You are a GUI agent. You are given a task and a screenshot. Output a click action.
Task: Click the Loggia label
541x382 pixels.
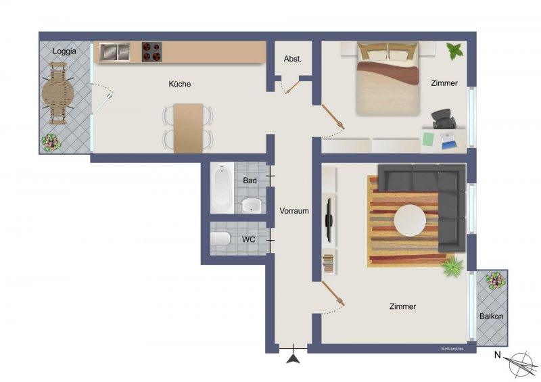[64, 51]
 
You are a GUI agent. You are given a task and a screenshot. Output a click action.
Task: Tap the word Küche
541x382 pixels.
[179, 84]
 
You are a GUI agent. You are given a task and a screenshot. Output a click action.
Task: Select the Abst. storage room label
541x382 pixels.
[293, 59]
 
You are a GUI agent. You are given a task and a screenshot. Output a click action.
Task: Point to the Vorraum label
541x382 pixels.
[294, 211]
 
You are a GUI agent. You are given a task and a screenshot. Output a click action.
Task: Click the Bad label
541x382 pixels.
[250, 181]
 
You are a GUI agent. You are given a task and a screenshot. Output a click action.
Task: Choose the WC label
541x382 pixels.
[248, 239]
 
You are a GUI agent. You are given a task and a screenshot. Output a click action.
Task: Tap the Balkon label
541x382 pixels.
[492, 316]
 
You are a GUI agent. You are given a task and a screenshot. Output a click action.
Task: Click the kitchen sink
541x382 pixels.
[115, 52]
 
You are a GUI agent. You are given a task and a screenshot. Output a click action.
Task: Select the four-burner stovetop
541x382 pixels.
[151, 52]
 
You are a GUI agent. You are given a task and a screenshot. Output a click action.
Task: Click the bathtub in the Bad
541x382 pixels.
[222, 189]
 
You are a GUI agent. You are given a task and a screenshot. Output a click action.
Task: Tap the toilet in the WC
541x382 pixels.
[220, 239]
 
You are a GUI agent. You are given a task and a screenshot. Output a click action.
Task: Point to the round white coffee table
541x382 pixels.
[410, 220]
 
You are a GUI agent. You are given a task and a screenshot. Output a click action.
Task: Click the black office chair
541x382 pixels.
[444, 119]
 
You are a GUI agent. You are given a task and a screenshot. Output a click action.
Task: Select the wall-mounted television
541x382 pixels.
[329, 220]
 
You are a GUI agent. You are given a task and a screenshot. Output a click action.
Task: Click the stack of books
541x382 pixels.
[328, 264]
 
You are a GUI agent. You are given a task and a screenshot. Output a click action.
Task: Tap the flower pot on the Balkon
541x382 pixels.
[496, 280]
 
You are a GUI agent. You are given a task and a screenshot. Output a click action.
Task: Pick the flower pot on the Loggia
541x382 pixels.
[51, 143]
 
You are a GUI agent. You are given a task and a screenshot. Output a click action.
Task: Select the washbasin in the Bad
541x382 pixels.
[252, 206]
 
